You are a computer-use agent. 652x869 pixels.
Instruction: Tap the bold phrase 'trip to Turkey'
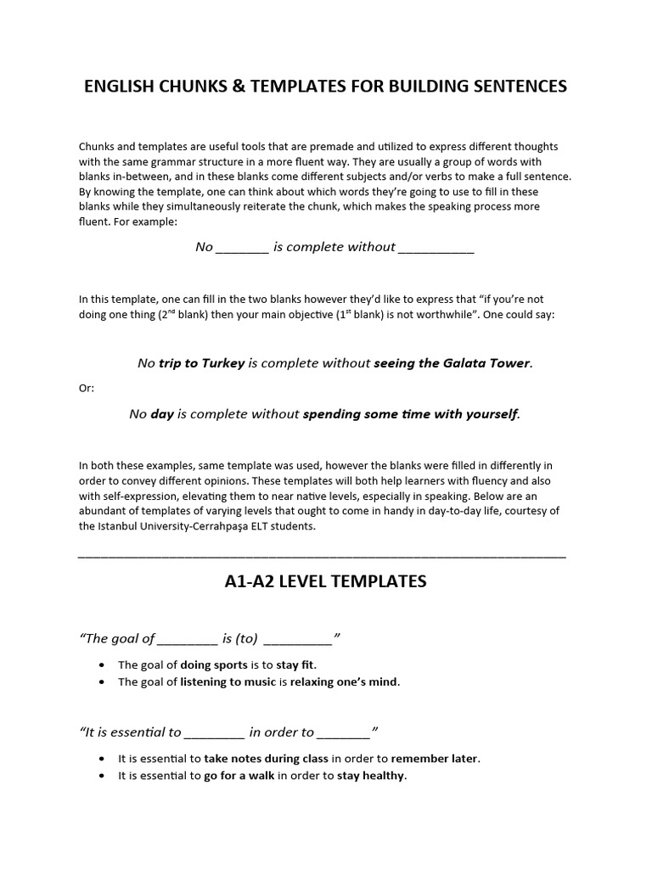point(201,363)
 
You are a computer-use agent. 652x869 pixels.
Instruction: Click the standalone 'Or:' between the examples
point(87,388)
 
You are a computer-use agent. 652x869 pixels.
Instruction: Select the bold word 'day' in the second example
point(161,414)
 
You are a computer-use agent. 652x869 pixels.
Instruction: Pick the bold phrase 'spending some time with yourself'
point(409,414)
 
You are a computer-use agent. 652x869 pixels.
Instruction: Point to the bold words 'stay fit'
point(295,664)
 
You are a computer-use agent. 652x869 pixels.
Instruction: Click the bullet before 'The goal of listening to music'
point(103,682)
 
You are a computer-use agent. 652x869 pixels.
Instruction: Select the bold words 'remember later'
point(435,759)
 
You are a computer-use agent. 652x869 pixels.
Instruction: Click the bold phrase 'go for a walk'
point(239,776)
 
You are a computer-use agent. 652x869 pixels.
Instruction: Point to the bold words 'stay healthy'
point(371,776)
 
